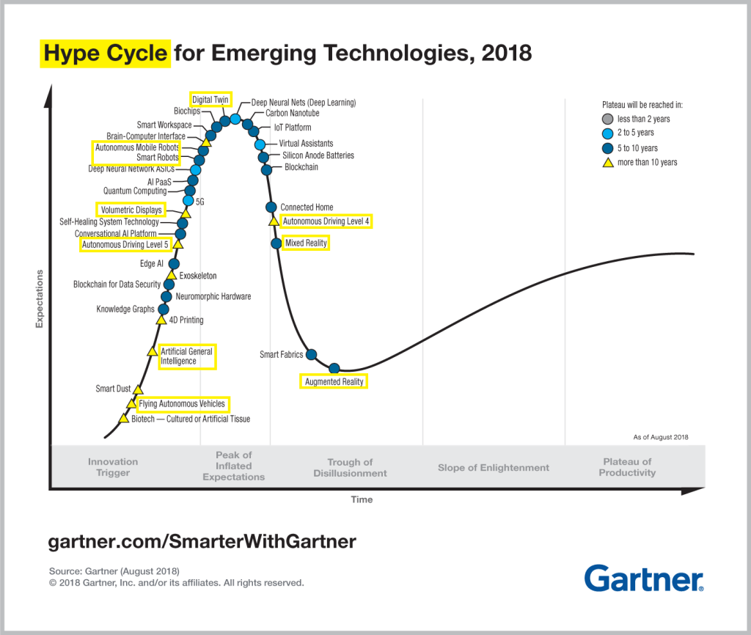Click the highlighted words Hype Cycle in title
(x=105, y=54)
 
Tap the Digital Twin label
(x=211, y=99)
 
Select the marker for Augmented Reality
(x=334, y=368)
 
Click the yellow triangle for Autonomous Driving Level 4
(x=274, y=221)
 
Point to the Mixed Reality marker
(x=276, y=243)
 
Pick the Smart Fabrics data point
(x=310, y=355)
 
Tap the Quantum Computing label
(x=135, y=191)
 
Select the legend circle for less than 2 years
(x=607, y=119)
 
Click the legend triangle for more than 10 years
(x=607, y=162)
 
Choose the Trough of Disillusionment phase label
(x=350, y=468)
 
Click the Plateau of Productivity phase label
(x=626, y=467)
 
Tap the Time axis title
(x=362, y=500)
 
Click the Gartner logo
(x=643, y=578)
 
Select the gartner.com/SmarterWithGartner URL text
(x=202, y=542)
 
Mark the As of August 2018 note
(x=660, y=437)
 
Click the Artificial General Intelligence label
(x=186, y=356)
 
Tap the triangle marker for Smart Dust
(x=138, y=389)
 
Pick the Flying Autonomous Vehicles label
(x=182, y=404)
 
